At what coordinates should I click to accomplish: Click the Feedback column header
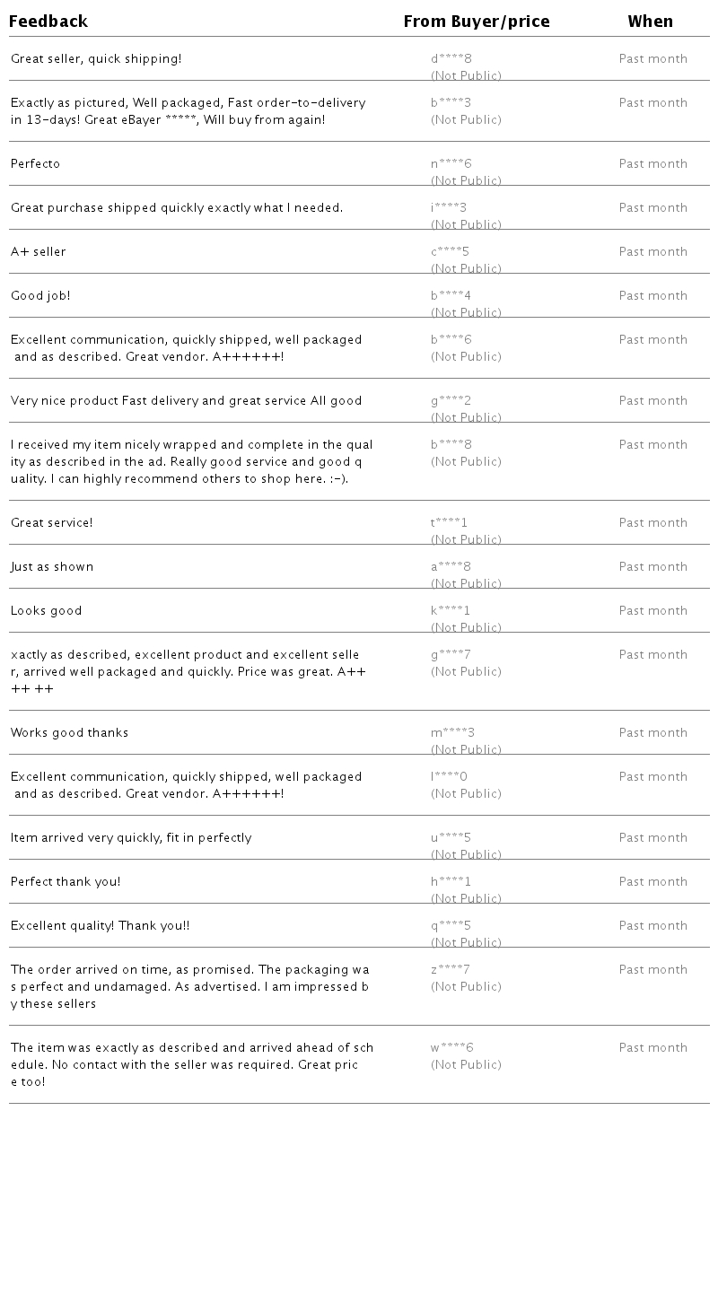coord(48,22)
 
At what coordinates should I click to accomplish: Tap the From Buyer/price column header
coord(477,22)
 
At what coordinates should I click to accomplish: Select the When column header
coord(651,22)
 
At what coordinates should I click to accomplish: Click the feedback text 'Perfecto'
coord(36,164)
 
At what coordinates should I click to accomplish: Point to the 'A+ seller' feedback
coord(39,252)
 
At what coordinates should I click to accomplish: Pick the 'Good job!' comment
coord(40,296)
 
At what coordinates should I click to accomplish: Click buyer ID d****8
coord(451,59)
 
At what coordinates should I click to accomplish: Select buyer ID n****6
coord(451,164)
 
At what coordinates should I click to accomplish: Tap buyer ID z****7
coord(451,970)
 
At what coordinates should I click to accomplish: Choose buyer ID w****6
coord(452,1048)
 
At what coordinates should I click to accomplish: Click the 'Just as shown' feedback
coord(52,567)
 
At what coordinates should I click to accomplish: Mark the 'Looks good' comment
coord(47,611)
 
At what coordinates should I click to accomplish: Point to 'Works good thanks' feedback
coord(70,733)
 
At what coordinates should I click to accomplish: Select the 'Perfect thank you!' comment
coord(66,882)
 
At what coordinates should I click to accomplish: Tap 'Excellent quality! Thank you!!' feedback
coord(101,926)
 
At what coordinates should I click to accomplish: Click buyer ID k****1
coord(451,611)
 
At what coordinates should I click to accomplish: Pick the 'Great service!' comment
coord(52,523)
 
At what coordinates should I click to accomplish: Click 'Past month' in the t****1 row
coord(653,523)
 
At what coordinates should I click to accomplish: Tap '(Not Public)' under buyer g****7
coord(466,672)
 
